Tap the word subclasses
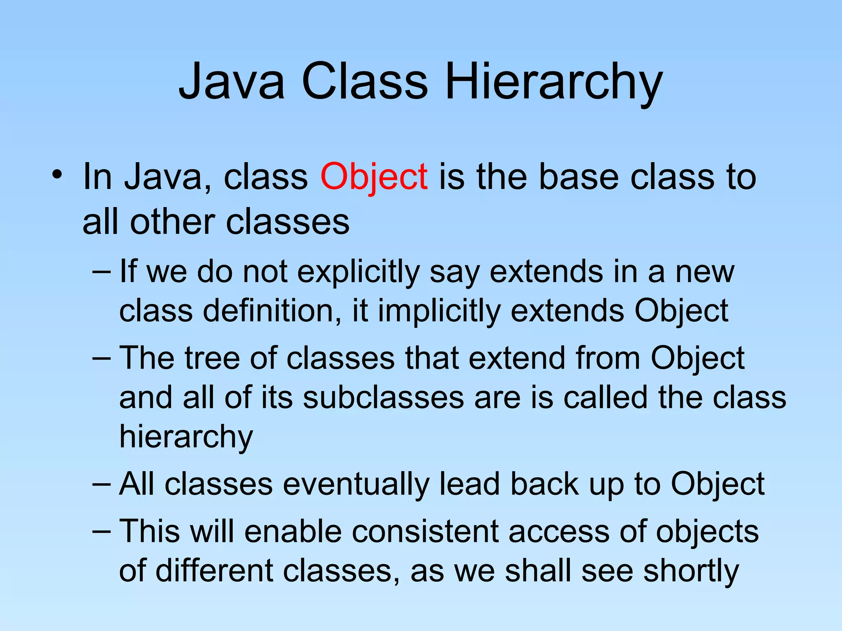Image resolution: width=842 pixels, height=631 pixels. tap(384, 398)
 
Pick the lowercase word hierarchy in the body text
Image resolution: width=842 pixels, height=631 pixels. tap(186, 437)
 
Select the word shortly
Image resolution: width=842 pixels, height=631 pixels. tap(691, 571)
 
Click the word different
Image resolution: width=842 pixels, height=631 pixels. tap(214, 571)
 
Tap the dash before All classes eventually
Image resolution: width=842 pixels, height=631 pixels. tap(102, 484)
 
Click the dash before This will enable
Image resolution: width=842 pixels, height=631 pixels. tap(102, 531)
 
